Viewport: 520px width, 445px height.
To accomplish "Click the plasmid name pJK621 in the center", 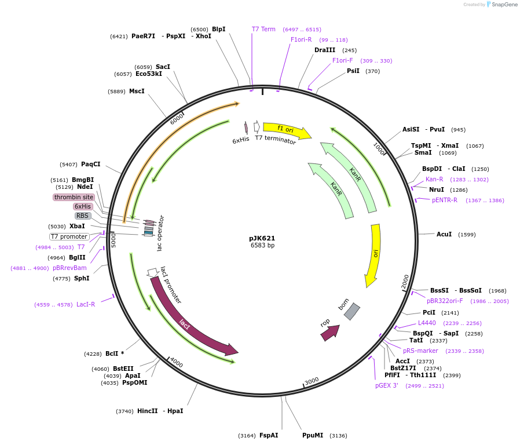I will coord(262,238).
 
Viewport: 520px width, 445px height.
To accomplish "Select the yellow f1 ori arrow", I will coord(286,130).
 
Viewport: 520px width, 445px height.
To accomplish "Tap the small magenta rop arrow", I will coord(329,332).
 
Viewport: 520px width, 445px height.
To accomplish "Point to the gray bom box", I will coord(351,311).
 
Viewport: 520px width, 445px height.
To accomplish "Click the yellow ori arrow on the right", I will coord(373,255).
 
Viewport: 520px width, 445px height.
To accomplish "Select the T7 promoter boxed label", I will coord(69,236).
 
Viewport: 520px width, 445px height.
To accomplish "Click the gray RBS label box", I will coord(83,216).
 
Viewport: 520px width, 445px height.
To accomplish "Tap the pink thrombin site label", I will coord(74,197).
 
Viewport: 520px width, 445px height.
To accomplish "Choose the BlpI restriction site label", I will coord(218,29).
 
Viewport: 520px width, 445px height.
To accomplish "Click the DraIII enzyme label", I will coord(325,50).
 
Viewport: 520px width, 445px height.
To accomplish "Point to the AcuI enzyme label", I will coord(444,234).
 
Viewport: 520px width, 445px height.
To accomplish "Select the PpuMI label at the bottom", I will coord(313,435).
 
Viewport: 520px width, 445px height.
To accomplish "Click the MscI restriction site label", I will coord(137,91).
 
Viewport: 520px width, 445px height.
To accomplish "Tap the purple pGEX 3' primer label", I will coord(387,385).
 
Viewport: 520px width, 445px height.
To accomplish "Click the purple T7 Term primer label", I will coord(263,29).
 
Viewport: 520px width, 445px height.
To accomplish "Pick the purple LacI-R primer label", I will coord(86,304).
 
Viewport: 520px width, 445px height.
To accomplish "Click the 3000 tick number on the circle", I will coord(312,381).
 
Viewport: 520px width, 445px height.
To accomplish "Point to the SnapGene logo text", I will coord(503,5).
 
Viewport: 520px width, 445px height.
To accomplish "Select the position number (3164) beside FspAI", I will coord(247,435).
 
